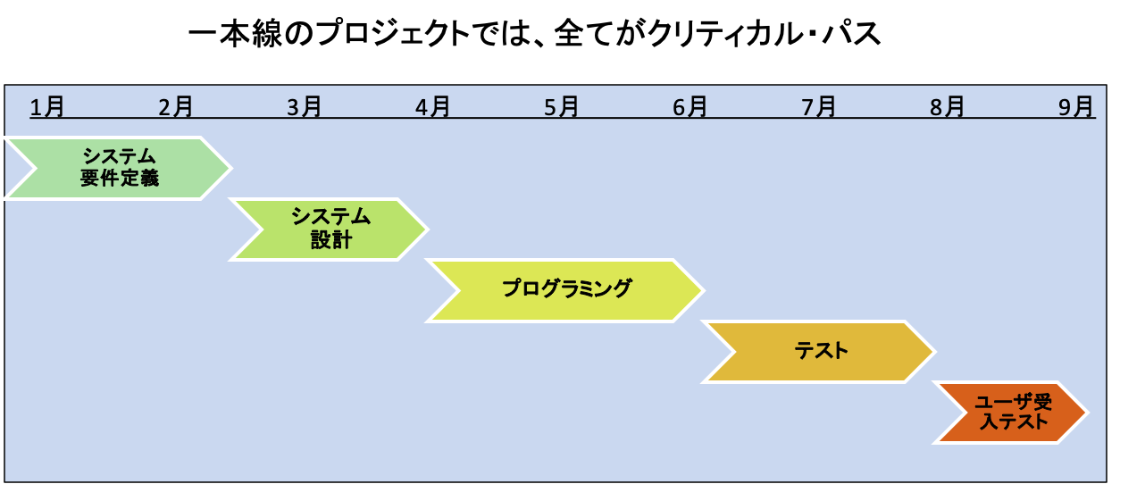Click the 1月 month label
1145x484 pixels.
click(47, 107)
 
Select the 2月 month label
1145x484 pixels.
click(176, 107)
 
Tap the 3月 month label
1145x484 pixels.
click(305, 107)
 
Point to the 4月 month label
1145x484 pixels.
click(433, 107)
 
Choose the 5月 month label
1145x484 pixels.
click(562, 107)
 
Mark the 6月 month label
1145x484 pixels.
click(690, 107)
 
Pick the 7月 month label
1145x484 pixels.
click(819, 107)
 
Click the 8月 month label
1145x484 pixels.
click(948, 107)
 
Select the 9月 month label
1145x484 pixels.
click(1076, 107)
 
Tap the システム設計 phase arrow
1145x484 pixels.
click(330, 229)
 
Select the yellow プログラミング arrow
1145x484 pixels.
click(565, 289)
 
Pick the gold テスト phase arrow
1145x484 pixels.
click(820, 351)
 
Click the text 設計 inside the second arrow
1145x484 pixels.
click(330, 240)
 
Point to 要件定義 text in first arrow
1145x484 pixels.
click(119, 179)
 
